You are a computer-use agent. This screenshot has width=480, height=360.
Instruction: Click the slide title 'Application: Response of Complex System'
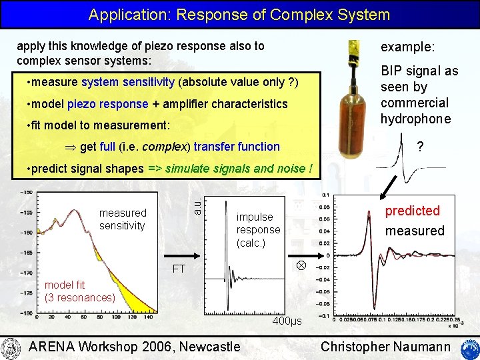coord(239,14)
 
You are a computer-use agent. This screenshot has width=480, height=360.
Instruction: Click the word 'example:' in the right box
coord(407,47)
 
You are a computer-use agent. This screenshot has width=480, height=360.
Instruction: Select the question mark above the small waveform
coord(419,147)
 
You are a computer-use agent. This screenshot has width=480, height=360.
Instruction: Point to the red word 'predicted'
coord(412,211)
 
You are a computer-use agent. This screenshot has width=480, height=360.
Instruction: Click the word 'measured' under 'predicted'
coord(415,231)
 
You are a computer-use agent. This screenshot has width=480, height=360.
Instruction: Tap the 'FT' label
coord(179,269)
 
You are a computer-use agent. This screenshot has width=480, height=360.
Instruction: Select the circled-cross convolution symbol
coord(301,265)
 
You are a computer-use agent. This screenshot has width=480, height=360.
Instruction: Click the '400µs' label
coord(287,321)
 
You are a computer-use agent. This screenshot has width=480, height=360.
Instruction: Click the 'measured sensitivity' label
coord(123,219)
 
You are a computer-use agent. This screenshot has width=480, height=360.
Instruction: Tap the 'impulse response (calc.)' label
coord(258,230)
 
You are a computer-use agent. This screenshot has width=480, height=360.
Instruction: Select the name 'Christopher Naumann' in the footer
coord(385,347)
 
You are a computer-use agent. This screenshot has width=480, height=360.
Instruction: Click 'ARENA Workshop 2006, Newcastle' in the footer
coord(135,347)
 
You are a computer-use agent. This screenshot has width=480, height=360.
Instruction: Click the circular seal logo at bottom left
coord(11,347)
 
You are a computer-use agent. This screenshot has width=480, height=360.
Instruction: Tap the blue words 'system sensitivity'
coord(128,83)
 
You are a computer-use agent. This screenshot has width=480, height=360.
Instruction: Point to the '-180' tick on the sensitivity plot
coord(26,313)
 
